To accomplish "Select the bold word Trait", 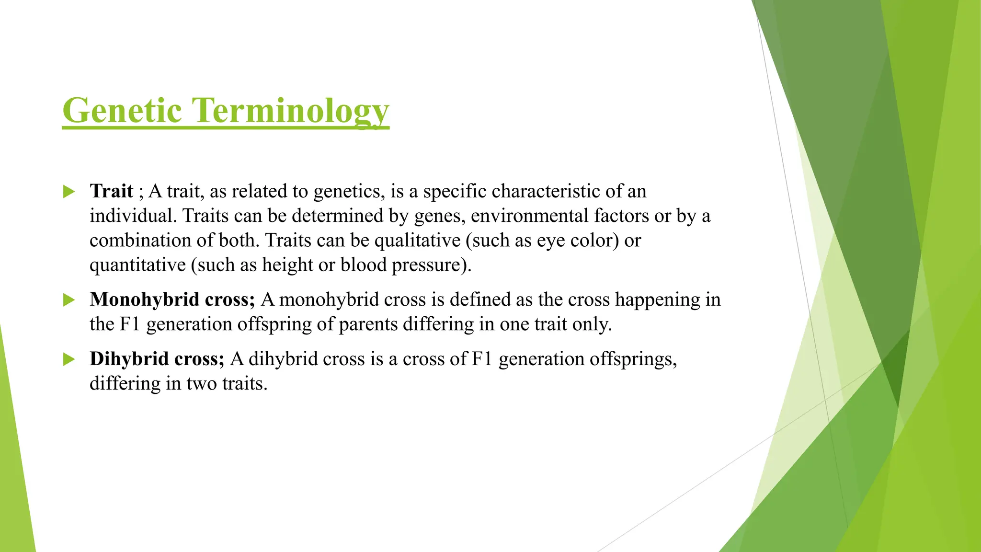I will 111,191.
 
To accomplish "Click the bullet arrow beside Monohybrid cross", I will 69,300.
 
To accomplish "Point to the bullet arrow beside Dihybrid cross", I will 69,359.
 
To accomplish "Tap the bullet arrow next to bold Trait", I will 69,192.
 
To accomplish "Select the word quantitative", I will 137,265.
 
